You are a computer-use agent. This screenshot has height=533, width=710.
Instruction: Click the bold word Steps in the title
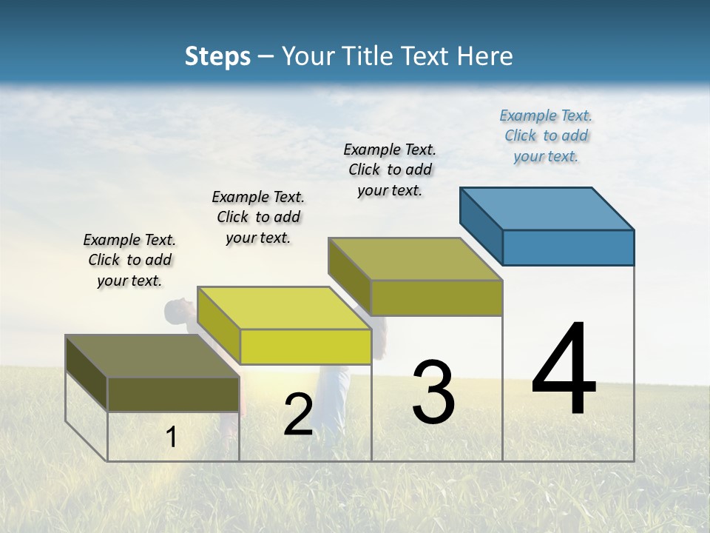click(217, 56)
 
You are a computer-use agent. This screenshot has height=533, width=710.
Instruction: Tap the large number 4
click(564, 370)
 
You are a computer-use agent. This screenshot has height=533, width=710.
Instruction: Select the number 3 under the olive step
click(433, 392)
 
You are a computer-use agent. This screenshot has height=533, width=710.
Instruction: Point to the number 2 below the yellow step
click(298, 415)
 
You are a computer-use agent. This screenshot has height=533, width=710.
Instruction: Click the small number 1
click(171, 438)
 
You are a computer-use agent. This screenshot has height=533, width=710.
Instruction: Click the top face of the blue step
click(547, 208)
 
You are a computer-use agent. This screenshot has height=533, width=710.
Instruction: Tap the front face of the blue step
click(568, 247)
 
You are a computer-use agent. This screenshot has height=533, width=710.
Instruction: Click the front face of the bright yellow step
click(305, 346)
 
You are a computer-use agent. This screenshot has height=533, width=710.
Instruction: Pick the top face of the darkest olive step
click(152, 356)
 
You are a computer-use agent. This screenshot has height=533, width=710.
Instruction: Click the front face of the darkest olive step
click(173, 394)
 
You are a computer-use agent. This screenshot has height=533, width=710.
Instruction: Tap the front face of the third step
click(436, 298)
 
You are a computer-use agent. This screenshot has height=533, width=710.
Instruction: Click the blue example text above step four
click(546, 136)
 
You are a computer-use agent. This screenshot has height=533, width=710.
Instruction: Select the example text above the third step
click(390, 170)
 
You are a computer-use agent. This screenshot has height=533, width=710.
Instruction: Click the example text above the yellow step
click(258, 218)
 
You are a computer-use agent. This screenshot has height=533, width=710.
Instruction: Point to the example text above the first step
click(129, 261)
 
